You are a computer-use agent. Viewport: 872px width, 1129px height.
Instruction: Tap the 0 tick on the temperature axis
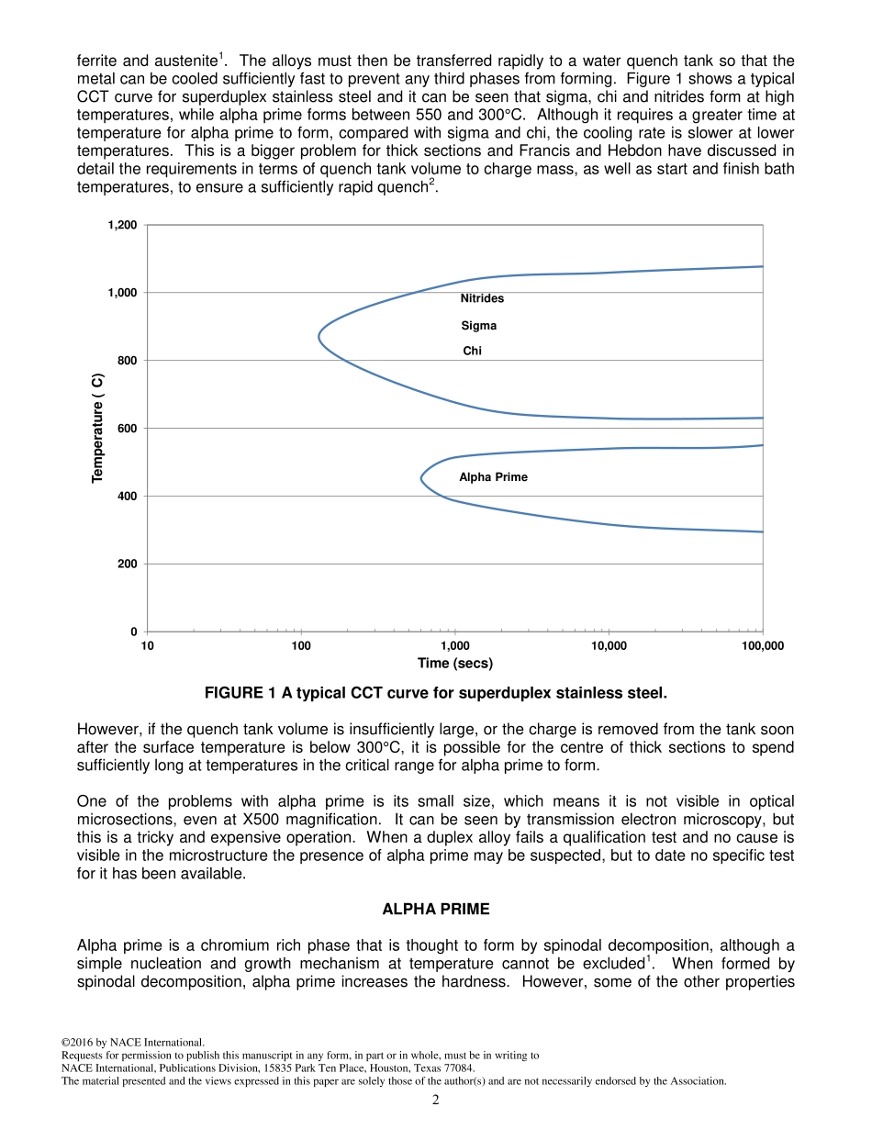click(134, 632)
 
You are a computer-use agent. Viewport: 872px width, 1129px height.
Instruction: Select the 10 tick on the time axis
click(147, 646)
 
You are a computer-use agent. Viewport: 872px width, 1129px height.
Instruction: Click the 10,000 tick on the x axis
click(609, 646)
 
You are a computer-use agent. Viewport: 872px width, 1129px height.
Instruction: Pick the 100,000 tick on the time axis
click(762, 646)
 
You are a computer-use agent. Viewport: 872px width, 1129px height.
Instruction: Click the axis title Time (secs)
click(454, 663)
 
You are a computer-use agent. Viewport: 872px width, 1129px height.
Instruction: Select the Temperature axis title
click(97, 428)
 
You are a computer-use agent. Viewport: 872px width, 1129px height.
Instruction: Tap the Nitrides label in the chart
click(482, 298)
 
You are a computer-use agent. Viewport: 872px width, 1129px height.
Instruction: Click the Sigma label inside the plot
click(478, 326)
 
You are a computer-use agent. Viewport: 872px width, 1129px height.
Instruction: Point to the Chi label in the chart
click(472, 351)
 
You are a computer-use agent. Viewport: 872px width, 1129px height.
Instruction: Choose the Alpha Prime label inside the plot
click(493, 477)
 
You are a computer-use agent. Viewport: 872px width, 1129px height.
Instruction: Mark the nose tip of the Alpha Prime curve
click(421, 478)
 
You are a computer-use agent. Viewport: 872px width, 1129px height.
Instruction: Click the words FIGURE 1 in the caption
click(241, 691)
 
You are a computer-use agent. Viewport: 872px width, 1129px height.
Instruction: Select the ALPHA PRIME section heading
click(435, 909)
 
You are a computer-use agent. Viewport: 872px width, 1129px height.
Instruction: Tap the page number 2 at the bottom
click(436, 1101)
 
